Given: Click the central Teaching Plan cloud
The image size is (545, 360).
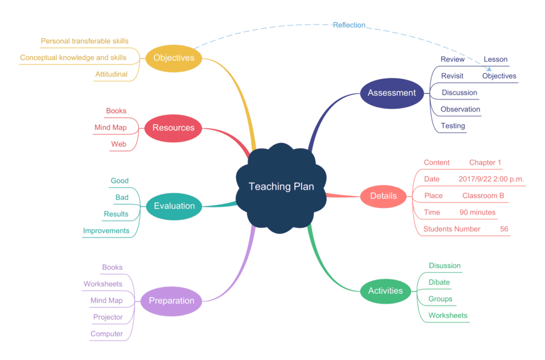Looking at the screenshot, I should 282,187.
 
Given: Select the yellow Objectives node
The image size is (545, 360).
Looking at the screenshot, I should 174,58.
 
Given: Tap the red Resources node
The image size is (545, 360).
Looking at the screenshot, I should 173,128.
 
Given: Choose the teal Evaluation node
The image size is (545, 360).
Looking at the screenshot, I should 174,206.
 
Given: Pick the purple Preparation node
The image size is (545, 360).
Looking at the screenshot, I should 171,301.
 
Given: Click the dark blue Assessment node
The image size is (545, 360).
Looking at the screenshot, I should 392,93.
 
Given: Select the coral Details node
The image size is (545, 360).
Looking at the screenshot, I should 383,196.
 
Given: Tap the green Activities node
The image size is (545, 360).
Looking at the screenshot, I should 385,291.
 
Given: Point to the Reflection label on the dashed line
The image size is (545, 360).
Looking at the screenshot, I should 349,25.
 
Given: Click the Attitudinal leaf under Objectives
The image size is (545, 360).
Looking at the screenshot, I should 111,75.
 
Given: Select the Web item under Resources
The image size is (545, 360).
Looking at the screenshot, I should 119,144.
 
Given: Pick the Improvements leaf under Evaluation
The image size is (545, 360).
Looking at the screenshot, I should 106,231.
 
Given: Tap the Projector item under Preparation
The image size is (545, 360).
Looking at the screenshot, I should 108,317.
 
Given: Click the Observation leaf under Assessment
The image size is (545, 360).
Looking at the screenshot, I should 460,110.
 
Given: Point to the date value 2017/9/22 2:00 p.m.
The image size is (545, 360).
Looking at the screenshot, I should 491,179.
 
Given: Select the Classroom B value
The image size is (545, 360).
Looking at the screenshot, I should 483,196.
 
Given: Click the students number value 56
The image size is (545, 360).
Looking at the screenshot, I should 504,229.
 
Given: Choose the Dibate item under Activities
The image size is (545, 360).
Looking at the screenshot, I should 439,282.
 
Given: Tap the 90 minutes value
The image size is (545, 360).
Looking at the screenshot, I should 477,213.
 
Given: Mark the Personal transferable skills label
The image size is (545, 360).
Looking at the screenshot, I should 85,41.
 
